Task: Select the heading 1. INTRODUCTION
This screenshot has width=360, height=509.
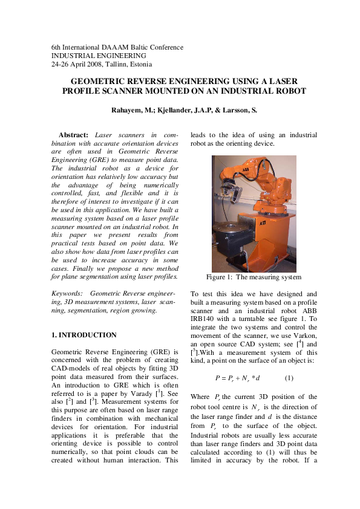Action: click(84, 334)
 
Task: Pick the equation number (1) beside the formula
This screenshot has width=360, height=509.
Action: click(289, 378)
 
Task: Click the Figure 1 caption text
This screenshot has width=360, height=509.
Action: click(254, 277)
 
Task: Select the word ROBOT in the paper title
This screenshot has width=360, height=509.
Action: click(289, 91)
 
